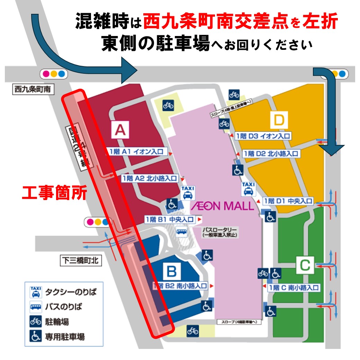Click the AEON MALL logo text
tap(222, 206)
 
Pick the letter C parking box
tap(304, 266)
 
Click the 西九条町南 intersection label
tap(33, 89)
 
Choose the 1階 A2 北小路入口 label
tap(150, 179)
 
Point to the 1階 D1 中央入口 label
tap(288, 201)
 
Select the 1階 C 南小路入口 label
tap(294, 287)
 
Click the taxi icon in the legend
tap(36, 292)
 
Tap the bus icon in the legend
tap(36, 307)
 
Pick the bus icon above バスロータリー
tap(181, 231)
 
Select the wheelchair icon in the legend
tap(36, 336)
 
